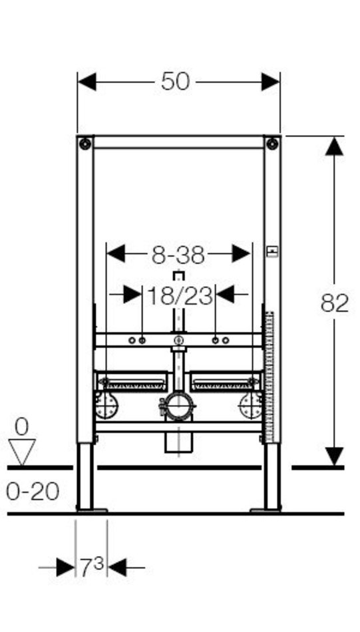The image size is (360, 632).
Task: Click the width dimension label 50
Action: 176,81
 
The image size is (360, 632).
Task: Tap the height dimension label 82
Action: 334,303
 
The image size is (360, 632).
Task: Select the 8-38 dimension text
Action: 178,255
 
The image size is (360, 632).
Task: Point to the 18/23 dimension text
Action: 180,296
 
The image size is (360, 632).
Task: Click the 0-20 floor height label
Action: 33,492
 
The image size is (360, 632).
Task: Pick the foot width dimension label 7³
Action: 92,567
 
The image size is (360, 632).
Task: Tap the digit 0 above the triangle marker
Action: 22,427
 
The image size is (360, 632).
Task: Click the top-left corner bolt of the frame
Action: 85,144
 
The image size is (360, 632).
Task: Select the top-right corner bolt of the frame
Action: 272,144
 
